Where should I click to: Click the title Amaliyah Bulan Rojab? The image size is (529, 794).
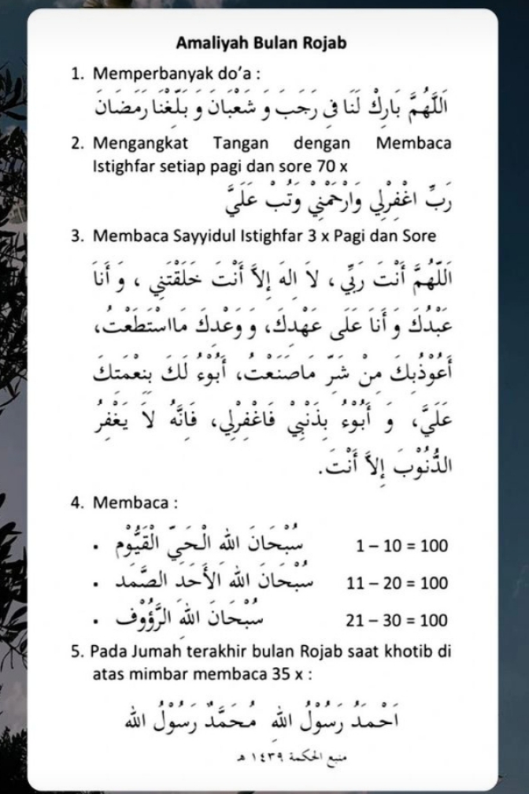tap(261, 43)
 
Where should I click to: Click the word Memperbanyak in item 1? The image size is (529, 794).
tap(142, 75)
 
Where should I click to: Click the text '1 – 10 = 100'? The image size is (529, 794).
tap(401, 546)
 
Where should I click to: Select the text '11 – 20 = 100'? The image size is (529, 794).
tap(397, 584)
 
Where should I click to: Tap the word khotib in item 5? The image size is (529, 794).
tap(410, 652)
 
